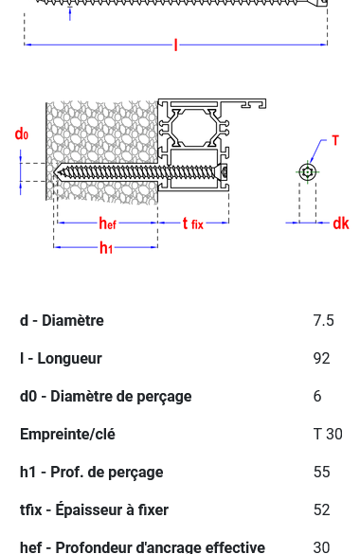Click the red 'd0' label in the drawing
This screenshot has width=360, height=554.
coord(21,134)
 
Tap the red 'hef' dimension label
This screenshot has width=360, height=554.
coord(107,223)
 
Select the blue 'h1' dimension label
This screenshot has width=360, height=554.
coord(106,248)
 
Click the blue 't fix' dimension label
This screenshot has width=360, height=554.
coord(192,223)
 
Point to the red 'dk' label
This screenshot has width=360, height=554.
coord(341,223)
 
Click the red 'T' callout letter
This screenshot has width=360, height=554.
coord(335,141)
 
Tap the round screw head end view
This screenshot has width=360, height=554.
coord(308,171)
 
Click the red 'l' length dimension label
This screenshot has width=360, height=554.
coord(175,45)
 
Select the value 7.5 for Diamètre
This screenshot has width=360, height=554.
coord(323,320)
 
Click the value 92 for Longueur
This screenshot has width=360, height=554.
coord(321,358)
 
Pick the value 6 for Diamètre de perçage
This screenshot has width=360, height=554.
coord(317,396)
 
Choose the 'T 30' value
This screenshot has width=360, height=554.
coord(328,434)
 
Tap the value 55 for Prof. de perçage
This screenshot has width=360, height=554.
coord(321,472)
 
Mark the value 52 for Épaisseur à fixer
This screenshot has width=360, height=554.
coord(321,509)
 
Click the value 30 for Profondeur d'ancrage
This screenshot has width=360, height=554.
coord(321,546)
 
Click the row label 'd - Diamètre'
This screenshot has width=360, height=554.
coord(62,320)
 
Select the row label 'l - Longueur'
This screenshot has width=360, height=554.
coord(61,358)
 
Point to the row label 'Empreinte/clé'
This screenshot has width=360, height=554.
coord(67,434)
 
